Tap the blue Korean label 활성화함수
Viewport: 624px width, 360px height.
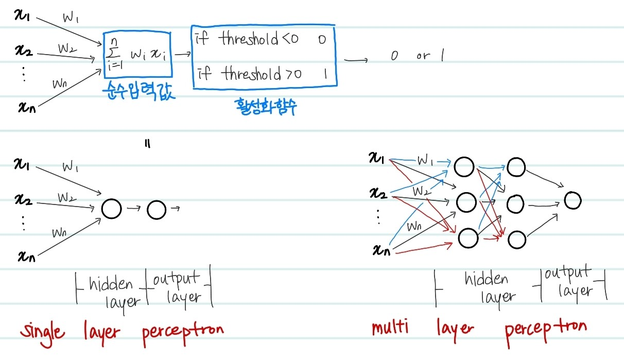coord(264,107)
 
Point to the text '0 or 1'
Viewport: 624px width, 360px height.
coord(418,56)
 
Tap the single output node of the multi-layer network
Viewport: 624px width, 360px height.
coord(573,200)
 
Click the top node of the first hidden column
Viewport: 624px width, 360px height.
coord(464,166)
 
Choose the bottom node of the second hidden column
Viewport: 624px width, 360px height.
coord(516,239)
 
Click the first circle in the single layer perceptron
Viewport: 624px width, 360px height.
coord(112,209)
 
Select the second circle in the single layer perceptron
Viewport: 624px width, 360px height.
coord(157,209)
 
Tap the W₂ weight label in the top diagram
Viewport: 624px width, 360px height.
coord(67,48)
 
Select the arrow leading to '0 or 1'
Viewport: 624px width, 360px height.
coord(356,61)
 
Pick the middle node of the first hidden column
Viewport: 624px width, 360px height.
coord(465,202)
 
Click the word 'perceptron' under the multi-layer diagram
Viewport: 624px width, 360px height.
coord(545,328)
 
